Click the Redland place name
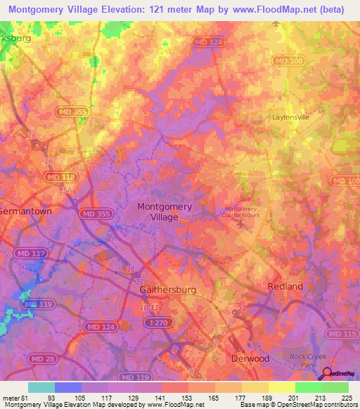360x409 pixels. [x=285, y=286]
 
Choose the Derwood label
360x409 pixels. [x=250, y=358]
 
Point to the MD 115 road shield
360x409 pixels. [x=340, y=334]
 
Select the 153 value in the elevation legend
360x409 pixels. [x=186, y=398]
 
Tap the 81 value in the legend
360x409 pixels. [x=27, y=398]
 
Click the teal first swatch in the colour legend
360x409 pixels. [x=41, y=387]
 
